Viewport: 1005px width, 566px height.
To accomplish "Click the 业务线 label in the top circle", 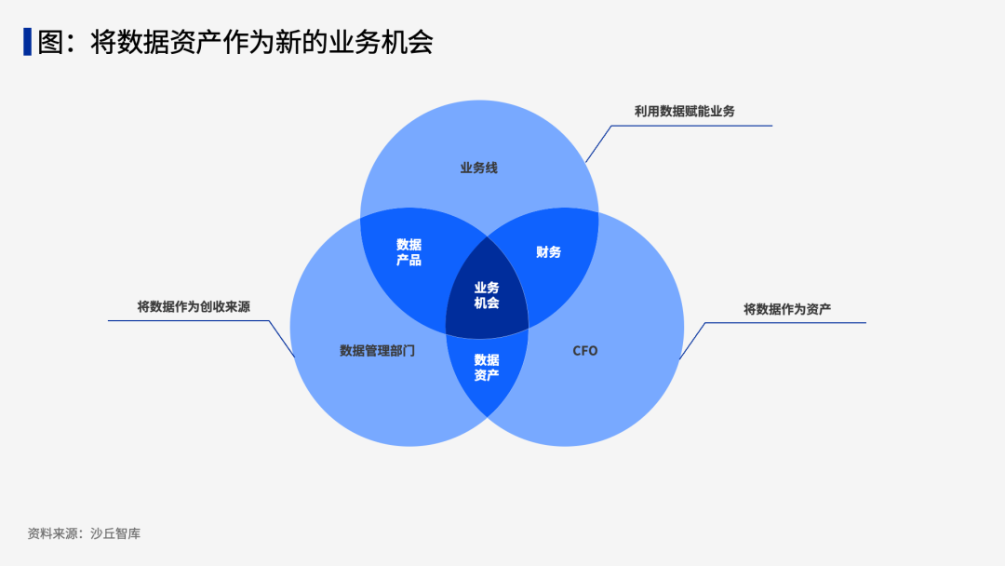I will (x=478, y=168).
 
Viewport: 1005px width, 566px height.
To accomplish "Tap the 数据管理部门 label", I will (x=377, y=351).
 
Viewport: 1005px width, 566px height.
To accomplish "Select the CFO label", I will (x=585, y=351).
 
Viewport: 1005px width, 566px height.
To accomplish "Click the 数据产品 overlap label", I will (x=409, y=252).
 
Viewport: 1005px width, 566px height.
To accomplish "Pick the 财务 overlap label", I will (x=549, y=252).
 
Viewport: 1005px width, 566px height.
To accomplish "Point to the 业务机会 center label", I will (x=487, y=295).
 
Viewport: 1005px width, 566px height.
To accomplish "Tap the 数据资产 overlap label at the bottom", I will (x=487, y=367).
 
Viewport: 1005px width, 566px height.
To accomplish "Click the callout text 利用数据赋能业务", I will (x=684, y=111).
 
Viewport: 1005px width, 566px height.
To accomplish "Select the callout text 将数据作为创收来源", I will (x=194, y=306).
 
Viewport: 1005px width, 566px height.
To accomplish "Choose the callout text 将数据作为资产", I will (x=787, y=309).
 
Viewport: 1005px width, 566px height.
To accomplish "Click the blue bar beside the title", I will (x=28, y=42).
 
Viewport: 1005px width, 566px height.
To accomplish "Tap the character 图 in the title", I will (x=50, y=42).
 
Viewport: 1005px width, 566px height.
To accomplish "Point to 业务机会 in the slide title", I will (x=382, y=42).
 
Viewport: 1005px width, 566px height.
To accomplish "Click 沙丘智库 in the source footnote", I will (x=115, y=534).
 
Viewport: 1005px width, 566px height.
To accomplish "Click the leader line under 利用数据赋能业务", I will (x=689, y=126).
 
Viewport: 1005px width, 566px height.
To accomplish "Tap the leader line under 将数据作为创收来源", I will (x=186, y=321).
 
